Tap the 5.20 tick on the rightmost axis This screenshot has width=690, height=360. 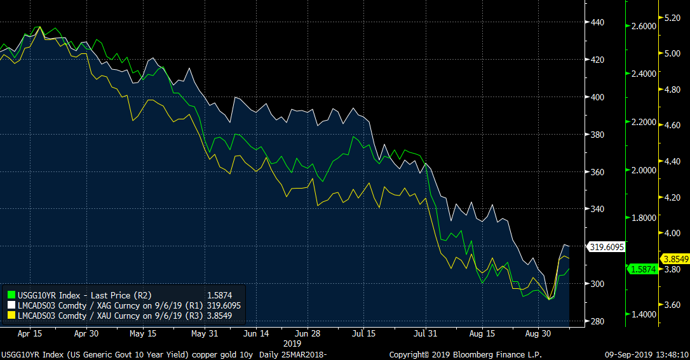click(x=672, y=18)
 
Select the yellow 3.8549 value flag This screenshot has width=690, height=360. click(x=675, y=258)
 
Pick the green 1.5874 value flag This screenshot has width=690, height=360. click(x=643, y=269)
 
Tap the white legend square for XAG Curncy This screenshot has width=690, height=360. click(x=10, y=305)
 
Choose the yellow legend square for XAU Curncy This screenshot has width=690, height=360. click(x=10, y=314)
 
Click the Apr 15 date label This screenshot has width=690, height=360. click(x=30, y=333)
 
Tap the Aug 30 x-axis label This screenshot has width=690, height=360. click(x=538, y=333)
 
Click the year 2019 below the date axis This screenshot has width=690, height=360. click(x=292, y=343)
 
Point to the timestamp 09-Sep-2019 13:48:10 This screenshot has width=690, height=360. click(x=646, y=354)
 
